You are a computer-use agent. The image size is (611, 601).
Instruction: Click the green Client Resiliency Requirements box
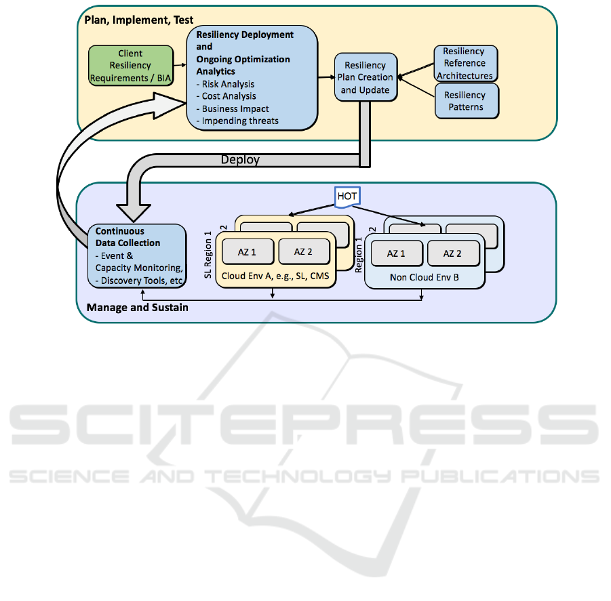[130, 66]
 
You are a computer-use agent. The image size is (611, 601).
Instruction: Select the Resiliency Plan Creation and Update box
[365, 77]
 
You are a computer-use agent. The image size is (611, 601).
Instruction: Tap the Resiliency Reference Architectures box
[465, 63]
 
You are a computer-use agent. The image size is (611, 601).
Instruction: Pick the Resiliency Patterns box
[465, 101]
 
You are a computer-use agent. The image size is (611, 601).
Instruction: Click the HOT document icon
[347, 196]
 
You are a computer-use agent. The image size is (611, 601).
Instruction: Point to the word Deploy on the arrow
[240, 161]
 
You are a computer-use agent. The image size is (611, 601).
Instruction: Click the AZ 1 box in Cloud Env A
[248, 251]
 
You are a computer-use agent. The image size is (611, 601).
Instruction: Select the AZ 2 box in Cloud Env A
[303, 251]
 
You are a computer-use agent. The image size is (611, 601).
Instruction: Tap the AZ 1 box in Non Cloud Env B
[396, 253]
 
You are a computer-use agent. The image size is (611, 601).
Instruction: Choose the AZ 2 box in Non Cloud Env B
[453, 253]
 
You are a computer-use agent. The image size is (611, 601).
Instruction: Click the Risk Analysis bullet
[229, 84]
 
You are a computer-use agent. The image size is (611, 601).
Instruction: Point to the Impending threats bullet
[240, 121]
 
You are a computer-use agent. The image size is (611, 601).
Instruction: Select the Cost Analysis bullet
[229, 96]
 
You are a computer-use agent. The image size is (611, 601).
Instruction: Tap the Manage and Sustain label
[138, 308]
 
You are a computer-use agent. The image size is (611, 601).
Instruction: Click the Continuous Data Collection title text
[127, 236]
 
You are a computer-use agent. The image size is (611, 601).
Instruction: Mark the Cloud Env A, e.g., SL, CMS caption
[275, 276]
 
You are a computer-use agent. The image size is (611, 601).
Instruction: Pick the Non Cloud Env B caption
[424, 277]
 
